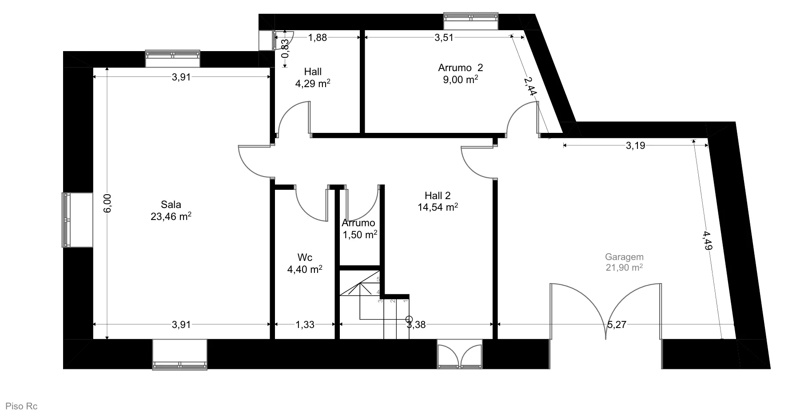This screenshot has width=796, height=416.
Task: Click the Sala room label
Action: tap(171, 205)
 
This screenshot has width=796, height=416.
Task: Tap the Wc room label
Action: tap(305, 258)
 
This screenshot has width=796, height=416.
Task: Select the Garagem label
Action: tap(624, 257)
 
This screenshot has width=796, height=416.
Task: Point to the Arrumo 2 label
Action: tap(460, 68)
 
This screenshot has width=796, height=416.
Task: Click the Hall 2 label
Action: tap(438, 196)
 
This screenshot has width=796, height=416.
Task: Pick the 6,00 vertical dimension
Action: tap(108, 204)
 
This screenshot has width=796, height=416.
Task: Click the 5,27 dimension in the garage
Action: tap(617, 325)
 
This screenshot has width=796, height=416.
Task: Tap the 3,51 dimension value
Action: tap(444, 38)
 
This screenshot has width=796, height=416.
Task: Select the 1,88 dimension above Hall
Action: tap(318, 38)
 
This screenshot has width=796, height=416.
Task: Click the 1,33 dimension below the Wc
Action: tap(305, 325)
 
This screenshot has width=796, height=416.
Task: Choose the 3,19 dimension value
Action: tap(636, 146)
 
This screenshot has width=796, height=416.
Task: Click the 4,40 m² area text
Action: tap(305, 269)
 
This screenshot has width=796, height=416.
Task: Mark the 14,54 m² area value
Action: tap(438, 207)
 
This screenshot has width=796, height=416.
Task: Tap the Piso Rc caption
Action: tap(21, 406)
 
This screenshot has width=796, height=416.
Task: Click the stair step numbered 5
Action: tap(378, 280)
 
